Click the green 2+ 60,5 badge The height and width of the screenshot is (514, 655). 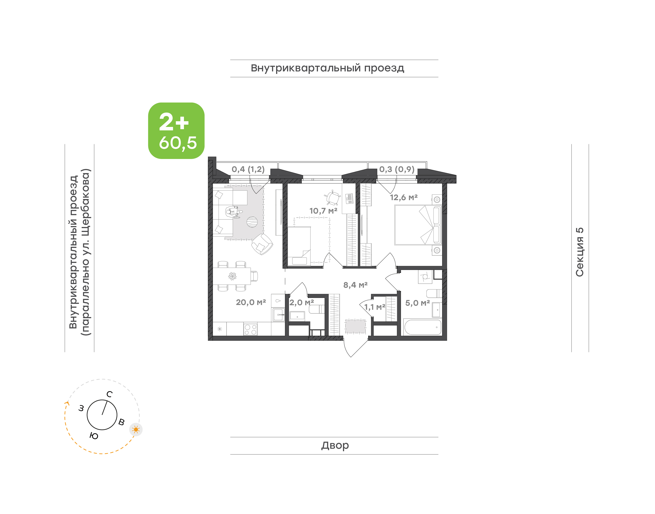click(x=176, y=131)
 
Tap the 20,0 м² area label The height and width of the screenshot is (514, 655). click(x=251, y=302)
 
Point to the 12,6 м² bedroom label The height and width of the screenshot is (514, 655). click(x=404, y=197)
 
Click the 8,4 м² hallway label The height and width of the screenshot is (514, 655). click(x=355, y=285)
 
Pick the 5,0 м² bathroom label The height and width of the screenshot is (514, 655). click(x=417, y=303)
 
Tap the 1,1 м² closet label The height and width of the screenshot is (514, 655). click(x=375, y=307)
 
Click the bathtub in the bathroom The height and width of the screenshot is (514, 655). click(x=423, y=327)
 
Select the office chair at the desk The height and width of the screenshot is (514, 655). click(x=333, y=197)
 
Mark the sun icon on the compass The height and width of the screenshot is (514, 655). click(x=136, y=429)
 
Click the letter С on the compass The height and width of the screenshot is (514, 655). click(x=110, y=394)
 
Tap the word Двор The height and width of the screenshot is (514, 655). click(x=335, y=445)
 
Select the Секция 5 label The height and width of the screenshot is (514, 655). click(x=579, y=252)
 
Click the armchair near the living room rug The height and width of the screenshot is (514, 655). click(x=262, y=244)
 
